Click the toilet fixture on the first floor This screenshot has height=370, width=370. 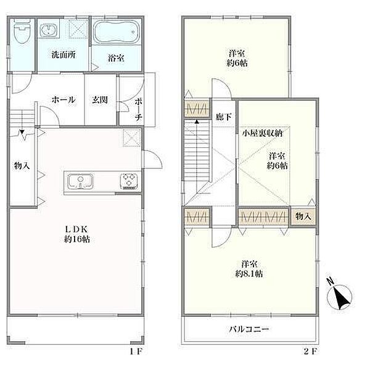(x=22, y=31)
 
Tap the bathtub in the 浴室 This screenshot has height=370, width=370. (x=117, y=32)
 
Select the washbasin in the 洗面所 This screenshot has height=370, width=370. (x=48, y=30)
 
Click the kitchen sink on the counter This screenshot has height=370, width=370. (x=80, y=181)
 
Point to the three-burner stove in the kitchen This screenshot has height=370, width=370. (x=129, y=181)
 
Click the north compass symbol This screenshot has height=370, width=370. (x=339, y=295)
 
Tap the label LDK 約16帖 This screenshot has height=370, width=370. (x=76, y=234)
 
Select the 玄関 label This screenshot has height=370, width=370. (x=100, y=100)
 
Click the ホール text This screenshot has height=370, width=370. (x=64, y=100)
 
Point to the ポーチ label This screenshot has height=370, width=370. (x=139, y=110)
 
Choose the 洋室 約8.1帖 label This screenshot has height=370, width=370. (x=249, y=268)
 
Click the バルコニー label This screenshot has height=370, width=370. (x=249, y=329)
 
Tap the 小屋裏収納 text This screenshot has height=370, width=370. (x=263, y=133)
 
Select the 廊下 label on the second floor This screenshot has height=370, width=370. (x=223, y=117)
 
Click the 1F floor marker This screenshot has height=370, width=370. (x=136, y=351)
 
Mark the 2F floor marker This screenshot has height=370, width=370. (x=310, y=351)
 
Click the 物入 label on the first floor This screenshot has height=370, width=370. (x=22, y=165)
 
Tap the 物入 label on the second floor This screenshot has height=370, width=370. (x=303, y=216)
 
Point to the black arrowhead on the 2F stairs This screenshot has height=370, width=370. (x=197, y=121)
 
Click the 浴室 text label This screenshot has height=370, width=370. (x=117, y=58)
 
